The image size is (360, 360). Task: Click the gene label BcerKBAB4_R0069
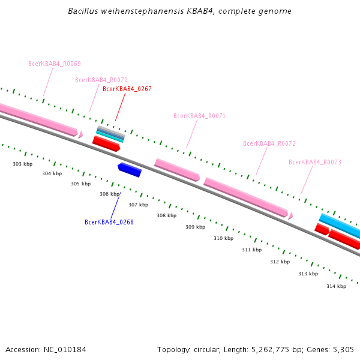pos(55,64)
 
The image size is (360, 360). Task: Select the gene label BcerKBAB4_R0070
pos(101,80)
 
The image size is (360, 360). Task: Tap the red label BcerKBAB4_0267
pos(127,89)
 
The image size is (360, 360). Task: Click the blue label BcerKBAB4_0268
pos(109,222)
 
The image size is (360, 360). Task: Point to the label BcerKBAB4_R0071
pos(199,116)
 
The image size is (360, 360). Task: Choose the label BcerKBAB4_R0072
pos(269,143)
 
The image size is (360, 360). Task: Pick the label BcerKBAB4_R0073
pos(315,162)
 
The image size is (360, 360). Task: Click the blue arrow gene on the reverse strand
pos(130,170)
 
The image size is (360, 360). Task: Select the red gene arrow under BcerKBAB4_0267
pos(106,143)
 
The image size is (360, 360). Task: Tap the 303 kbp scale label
pos(23,164)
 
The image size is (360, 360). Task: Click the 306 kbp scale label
pos(109,194)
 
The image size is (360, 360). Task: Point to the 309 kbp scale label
pos(195,227)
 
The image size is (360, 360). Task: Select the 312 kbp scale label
pos(280,262)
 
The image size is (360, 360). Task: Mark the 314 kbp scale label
pos(336,286)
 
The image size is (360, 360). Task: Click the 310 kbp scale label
pos(223,238)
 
